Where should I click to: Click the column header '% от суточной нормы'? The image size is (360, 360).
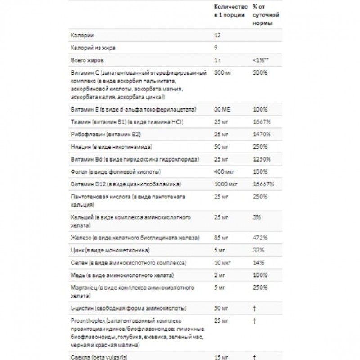[265, 15]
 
